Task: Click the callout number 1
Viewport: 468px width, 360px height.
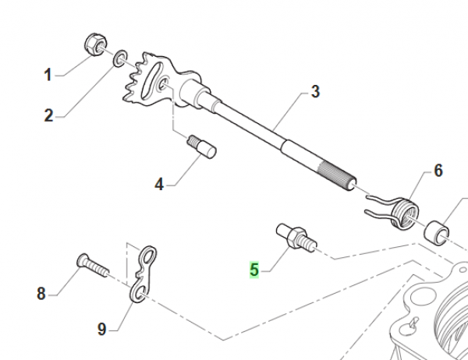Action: (48, 76)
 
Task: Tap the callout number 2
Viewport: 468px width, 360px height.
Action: (48, 116)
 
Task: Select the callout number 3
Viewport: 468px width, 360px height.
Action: (315, 92)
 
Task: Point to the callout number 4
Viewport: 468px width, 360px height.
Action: (159, 185)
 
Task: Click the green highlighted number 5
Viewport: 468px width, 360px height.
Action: (254, 270)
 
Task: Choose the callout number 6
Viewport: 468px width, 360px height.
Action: (438, 169)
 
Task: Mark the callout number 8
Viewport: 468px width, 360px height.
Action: (41, 294)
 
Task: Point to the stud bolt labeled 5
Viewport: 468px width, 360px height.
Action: (295, 236)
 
